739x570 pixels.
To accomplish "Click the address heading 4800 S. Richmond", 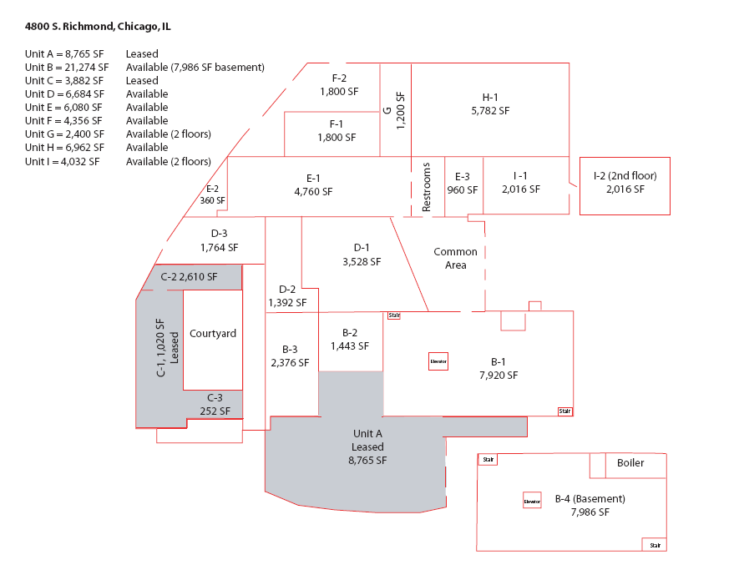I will pyautogui.click(x=98, y=27).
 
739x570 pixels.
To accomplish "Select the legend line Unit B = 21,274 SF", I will pyautogui.click(x=67, y=67).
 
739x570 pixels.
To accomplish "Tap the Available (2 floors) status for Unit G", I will pyautogui.click(x=168, y=134).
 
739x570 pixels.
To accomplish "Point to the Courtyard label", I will pyautogui.click(x=213, y=333).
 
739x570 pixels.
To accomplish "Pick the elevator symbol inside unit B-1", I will pyautogui.click(x=438, y=362).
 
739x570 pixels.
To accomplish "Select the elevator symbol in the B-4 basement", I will pyautogui.click(x=532, y=501).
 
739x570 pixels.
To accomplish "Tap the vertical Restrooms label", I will pyautogui.click(x=426, y=187).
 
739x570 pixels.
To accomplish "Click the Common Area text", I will pyautogui.click(x=455, y=258).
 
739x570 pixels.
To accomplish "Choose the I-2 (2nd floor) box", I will pyautogui.click(x=625, y=185).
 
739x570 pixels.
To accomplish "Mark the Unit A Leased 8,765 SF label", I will pyautogui.click(x=367, y=446).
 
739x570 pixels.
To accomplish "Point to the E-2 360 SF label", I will pyautogui.click(x=212, y=194).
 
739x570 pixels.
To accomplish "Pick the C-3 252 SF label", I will pyautogui.click(x=215, y=403).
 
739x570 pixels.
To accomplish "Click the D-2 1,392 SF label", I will pyautogui.click(x=287, y=295).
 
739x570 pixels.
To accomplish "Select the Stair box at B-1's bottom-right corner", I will pyautogui.click(x=565, y=411).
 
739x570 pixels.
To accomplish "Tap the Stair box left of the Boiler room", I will pyautogui.click(x=488, y=459).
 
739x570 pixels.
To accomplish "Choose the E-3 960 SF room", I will pyautogui.click(x=462, y=184).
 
